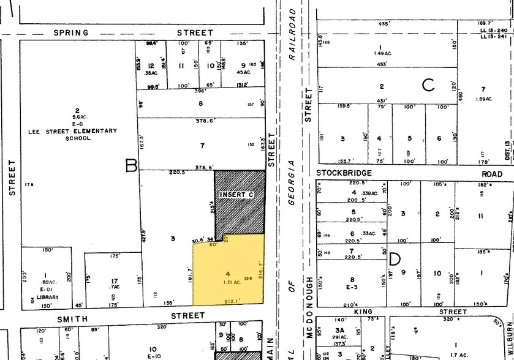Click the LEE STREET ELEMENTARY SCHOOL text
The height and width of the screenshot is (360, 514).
click(x=78, y=134)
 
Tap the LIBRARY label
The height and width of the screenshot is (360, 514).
click(x=47, y=298)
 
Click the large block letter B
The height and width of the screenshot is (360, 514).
click(x=131, y=165)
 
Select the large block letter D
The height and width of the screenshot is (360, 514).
click(x=395, y=259)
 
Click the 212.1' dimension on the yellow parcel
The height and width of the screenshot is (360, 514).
click(x=233, y=301)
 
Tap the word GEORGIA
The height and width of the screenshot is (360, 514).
click(x=293, y=183)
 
